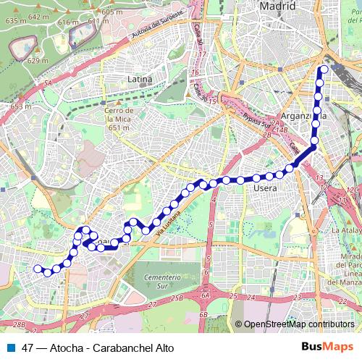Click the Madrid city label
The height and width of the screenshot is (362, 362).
(x=278, y=6)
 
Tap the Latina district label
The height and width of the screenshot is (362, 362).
(x=139, y=78)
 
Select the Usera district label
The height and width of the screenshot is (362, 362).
(x=265, y=188)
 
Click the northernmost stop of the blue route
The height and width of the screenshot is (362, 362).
(x=324, y=70)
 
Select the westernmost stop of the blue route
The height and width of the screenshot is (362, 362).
(x=38, y=269)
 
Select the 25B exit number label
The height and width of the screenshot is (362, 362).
(x=177, y=298)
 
